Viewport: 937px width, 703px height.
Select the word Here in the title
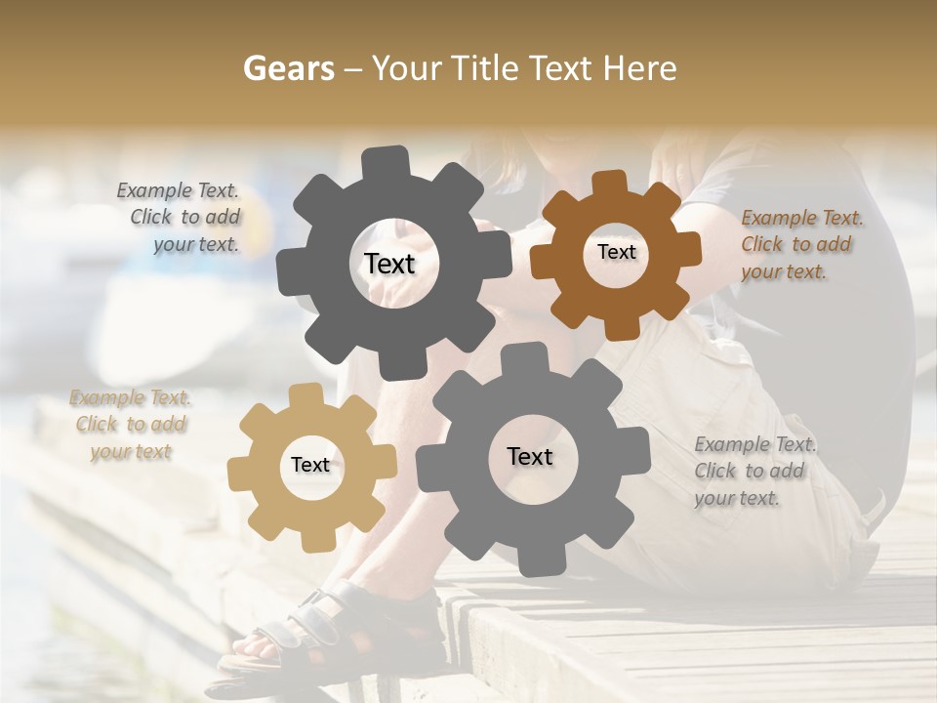pos(640,68)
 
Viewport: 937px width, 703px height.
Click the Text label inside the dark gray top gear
pos(389,264)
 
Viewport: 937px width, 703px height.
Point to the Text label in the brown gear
pos(616,252)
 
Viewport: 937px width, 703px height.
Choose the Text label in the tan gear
pos(310,466)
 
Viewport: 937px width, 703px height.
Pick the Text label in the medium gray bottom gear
pos(530,457)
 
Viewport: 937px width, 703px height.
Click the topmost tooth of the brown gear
pos(610,184)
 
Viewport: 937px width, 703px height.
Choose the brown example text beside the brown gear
pos(800,245)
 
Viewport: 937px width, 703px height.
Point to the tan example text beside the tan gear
pos(131,425)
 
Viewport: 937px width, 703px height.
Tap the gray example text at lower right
pos(754,471)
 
